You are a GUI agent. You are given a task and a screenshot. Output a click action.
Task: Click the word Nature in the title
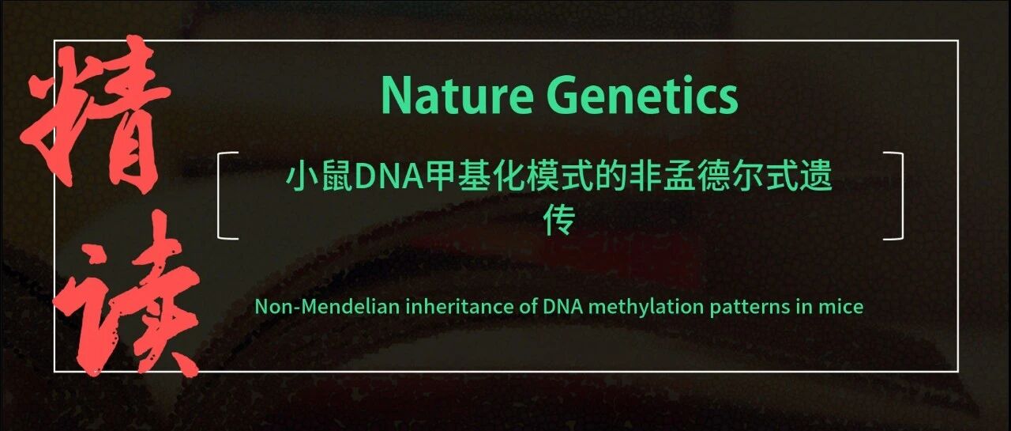[457, 96]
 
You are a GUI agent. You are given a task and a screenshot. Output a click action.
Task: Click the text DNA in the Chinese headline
[389, 178]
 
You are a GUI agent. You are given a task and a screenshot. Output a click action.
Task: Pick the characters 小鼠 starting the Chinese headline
[320, 177]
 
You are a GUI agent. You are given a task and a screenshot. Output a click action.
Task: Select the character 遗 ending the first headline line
[816, 177]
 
